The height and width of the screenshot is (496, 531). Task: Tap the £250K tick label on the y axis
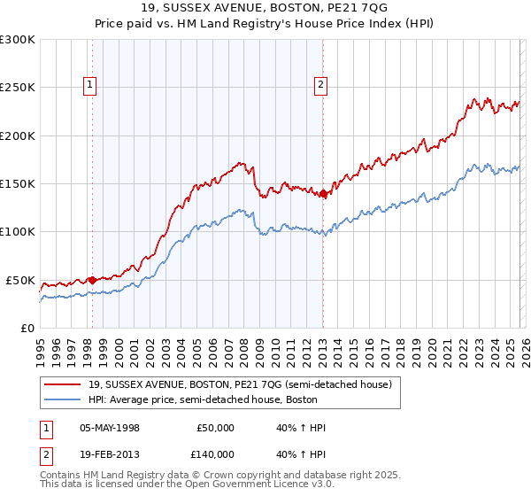(18, 88)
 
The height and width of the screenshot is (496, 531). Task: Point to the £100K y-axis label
(18, 232)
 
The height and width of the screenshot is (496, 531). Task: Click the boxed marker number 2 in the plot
(319, 86)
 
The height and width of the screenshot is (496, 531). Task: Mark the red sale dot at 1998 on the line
(92, 280)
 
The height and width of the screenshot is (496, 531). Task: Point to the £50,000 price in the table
(215, 428)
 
